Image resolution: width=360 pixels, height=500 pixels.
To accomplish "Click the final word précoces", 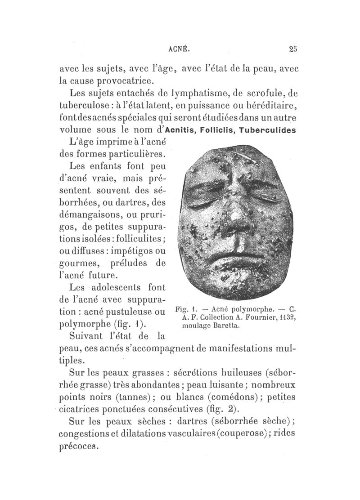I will click(78, 447).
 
